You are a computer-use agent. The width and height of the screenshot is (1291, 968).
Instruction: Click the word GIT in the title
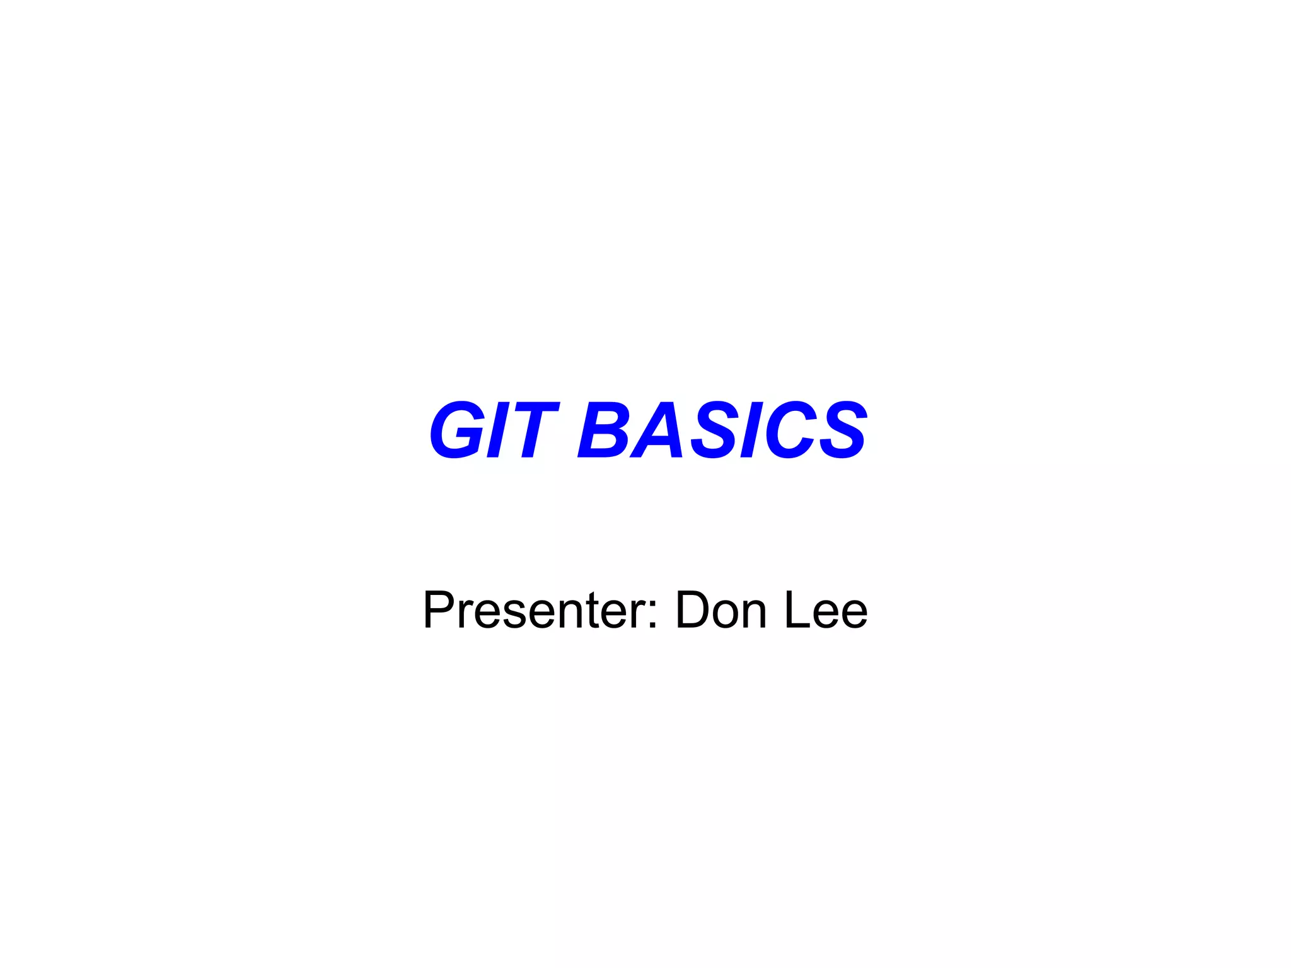(494, 430)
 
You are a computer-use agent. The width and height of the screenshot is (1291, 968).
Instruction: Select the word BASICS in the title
(722, 430)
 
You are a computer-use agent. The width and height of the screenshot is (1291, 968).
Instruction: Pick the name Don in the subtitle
(721, 610)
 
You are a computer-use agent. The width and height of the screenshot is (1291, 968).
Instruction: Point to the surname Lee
(826, 610)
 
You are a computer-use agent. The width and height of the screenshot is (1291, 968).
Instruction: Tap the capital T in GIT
(533, 430)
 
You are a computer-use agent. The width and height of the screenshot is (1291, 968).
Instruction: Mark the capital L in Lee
(796, 610)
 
